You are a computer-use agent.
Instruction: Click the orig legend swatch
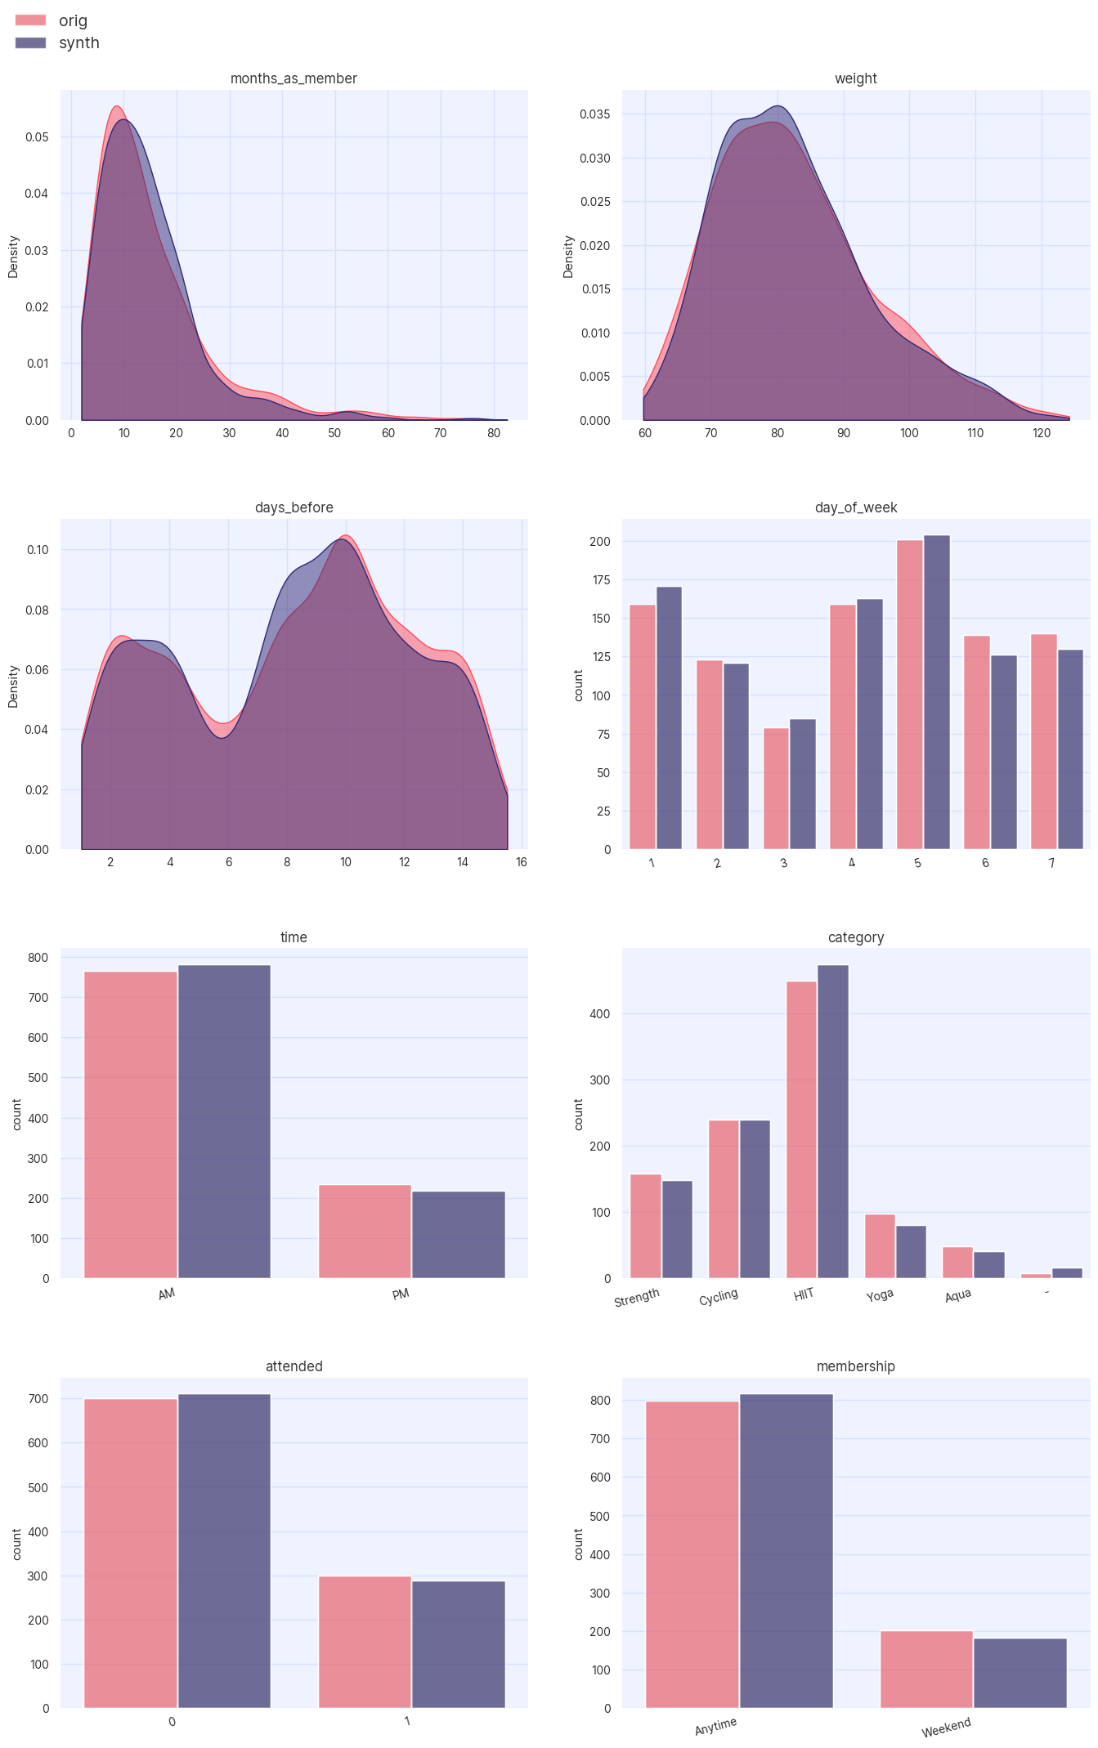click(x=30, y=20)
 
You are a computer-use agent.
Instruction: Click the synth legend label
click(x=78, y=42)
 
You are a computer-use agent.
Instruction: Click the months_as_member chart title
click(x=294, y=78)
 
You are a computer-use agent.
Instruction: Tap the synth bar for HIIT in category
click(x=832, y=1121)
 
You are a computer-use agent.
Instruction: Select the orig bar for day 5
click(x=909, y=695)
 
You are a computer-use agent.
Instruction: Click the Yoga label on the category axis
click(x=880, y=1295)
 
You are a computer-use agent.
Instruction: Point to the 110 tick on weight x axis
click(x=975, y=433)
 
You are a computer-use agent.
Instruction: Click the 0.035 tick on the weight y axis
click(x=594, y=114)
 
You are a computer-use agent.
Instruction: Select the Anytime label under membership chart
click(x=715, y=1725)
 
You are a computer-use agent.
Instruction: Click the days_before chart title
click(x=294, y=507)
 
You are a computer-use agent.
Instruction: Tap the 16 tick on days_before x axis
click(x=522, y=862)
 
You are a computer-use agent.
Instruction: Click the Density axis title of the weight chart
click(x=568, y=257)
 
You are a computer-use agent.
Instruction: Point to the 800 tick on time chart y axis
click(x=38, y=957)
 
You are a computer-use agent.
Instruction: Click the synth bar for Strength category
click(x=677, y=1229)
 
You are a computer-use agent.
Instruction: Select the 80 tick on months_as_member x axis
click(x=494, y=433)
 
